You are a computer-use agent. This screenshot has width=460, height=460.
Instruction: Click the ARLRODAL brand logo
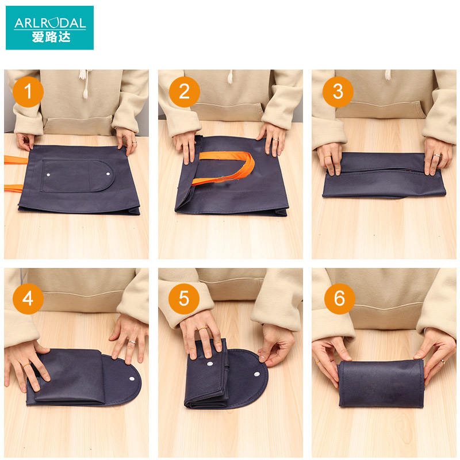[49, 28]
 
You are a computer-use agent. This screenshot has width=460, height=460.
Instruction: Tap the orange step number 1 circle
[28, 92]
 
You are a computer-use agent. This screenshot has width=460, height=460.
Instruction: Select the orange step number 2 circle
[184, 92]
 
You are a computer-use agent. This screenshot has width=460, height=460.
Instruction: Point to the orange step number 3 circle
[338, 92]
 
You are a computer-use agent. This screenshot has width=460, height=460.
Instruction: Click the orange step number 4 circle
[28, 299]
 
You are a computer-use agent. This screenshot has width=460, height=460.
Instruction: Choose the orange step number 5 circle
[184, 299]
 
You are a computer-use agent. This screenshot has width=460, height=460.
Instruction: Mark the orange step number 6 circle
[340, 299]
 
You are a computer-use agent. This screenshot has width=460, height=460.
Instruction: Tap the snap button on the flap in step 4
[132, 378]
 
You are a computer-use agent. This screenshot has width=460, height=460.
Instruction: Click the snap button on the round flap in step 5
[256, 374]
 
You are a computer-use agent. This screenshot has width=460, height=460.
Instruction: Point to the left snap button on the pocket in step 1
[48, 175]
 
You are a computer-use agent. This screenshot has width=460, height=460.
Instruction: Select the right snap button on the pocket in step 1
[108, 174]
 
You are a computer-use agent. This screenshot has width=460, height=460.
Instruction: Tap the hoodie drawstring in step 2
[231, 77]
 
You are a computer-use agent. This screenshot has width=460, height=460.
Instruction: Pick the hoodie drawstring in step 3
[388, 75]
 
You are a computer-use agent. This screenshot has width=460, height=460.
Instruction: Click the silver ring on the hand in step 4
[132, 342]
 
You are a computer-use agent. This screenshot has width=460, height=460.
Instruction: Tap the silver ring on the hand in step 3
[437, 155]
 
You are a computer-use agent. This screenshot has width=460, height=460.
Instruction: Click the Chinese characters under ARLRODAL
[51, 37]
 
